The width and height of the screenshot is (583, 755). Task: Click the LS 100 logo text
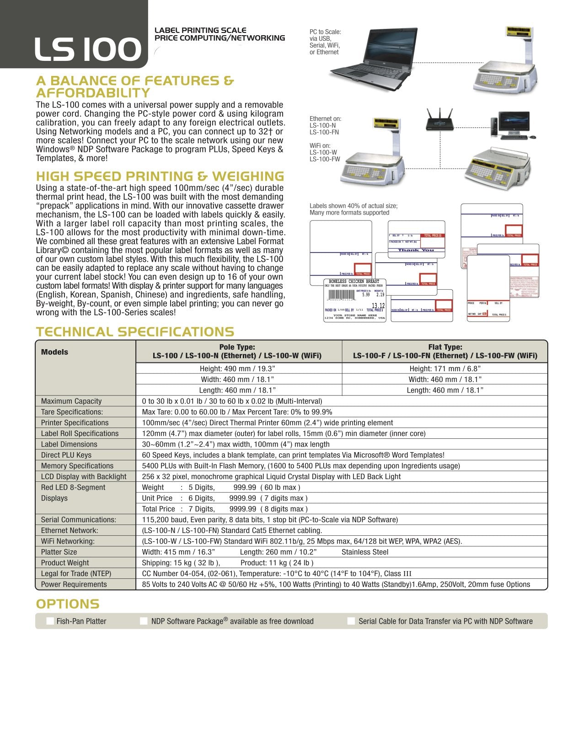click(x=88, y=49)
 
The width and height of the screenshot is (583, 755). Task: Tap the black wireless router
click(x=439, y=120)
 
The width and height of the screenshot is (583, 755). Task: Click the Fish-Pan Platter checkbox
click(x=50, y=621)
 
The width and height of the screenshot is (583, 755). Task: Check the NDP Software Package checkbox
click(x=144, y=621)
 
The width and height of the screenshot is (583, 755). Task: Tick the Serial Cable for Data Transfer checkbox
click(x=351, y=621)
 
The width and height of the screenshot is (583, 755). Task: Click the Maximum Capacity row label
click(x=71, y=401)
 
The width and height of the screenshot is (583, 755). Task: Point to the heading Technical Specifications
click(x=135, y=332)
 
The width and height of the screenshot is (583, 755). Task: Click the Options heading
click(x=68, y=604)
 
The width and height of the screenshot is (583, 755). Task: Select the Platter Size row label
click(x=59, y=552)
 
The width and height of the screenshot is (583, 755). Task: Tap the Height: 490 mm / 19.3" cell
click(x=237, y=369)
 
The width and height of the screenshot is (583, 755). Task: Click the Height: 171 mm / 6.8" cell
click(x=444, y=369)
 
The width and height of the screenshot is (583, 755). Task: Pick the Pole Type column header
click(x=237, y=351)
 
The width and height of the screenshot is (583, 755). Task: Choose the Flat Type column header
click(x=445, y=351)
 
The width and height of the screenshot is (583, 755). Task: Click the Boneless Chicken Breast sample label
click(x=354, y=300)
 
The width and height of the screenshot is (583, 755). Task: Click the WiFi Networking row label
click(x=68, y=541)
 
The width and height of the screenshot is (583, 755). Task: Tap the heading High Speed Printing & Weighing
click(x=160, y=177)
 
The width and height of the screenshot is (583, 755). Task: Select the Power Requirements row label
click(x=74, y=584)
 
